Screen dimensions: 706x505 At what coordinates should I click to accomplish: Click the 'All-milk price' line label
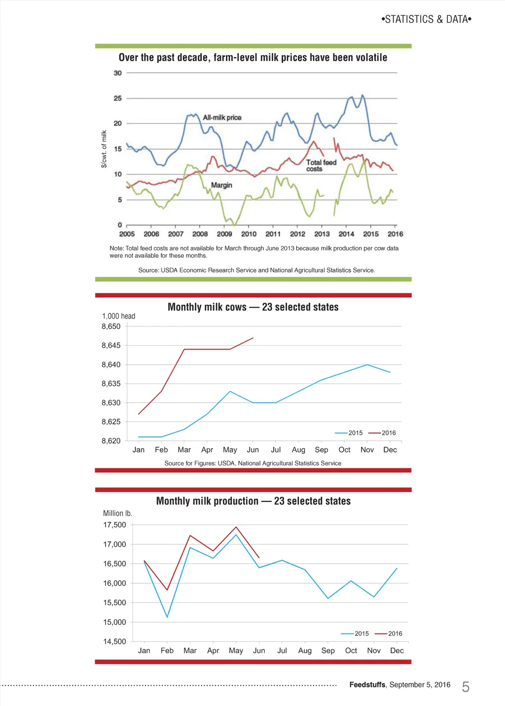[222, 117]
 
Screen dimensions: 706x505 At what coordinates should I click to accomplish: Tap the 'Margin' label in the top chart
[221, 185]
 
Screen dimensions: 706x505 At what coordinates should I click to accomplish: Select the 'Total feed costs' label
[321, 166]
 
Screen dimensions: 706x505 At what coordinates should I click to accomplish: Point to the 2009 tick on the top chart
[224, 234]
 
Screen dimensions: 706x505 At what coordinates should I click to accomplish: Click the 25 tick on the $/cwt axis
[117, 98]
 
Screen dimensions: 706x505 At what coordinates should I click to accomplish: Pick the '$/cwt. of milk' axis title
[104, 149]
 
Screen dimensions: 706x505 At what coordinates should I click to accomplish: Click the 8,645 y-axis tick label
[111, 346]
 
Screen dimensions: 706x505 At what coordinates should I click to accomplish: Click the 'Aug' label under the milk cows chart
[298, 450]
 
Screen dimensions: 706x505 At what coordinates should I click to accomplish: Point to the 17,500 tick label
[114, 525]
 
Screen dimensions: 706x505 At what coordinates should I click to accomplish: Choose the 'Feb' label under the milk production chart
[167, 650]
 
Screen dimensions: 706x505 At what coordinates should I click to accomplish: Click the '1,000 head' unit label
[118, 316]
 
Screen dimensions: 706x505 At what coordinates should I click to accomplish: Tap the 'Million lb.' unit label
[117, 513]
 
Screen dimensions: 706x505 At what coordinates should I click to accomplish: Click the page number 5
[466, 687]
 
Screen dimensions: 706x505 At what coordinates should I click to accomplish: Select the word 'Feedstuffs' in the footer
[367, 685]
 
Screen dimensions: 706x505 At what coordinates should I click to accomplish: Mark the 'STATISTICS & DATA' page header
[427, 19]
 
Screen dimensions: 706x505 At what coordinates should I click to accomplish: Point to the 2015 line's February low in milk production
[167, 617]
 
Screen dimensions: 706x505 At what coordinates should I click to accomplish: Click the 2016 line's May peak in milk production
[236, 527]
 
